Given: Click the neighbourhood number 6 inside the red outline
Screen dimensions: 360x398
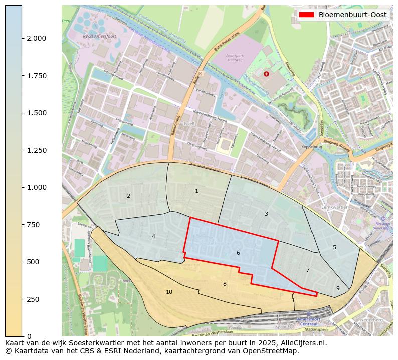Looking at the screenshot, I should pyautogui.click(x=238, y=253).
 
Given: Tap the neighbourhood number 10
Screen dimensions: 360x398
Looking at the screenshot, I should pyautogui.click(x=169, y=292).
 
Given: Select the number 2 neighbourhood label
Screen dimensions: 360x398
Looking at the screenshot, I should pyautogui.click(x=128, y=196).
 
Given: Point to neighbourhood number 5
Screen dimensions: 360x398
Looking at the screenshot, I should pyautogui.click(x=334, y=247).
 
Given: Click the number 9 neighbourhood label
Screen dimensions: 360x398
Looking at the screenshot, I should pyautogui.click(x=338, y=288).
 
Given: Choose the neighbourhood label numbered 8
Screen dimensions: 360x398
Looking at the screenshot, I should pyautogui.click(x=225, y=284).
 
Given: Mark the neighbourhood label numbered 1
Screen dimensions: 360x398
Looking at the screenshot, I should pyautogui.click(x=196, y=191).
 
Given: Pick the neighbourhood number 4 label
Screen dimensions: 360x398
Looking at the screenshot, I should pyautogui.click(x=153, y=236).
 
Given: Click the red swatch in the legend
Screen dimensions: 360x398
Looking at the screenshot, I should pyautogui.click(x=306, y=15).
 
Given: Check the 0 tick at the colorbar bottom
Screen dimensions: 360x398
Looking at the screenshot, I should pyautogui.click(x=30, y=336).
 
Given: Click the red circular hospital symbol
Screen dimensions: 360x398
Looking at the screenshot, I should pyautogui.click(x=266, y=74).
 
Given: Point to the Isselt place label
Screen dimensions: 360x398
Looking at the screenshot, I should pyautogui.click(x=189, y=122).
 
